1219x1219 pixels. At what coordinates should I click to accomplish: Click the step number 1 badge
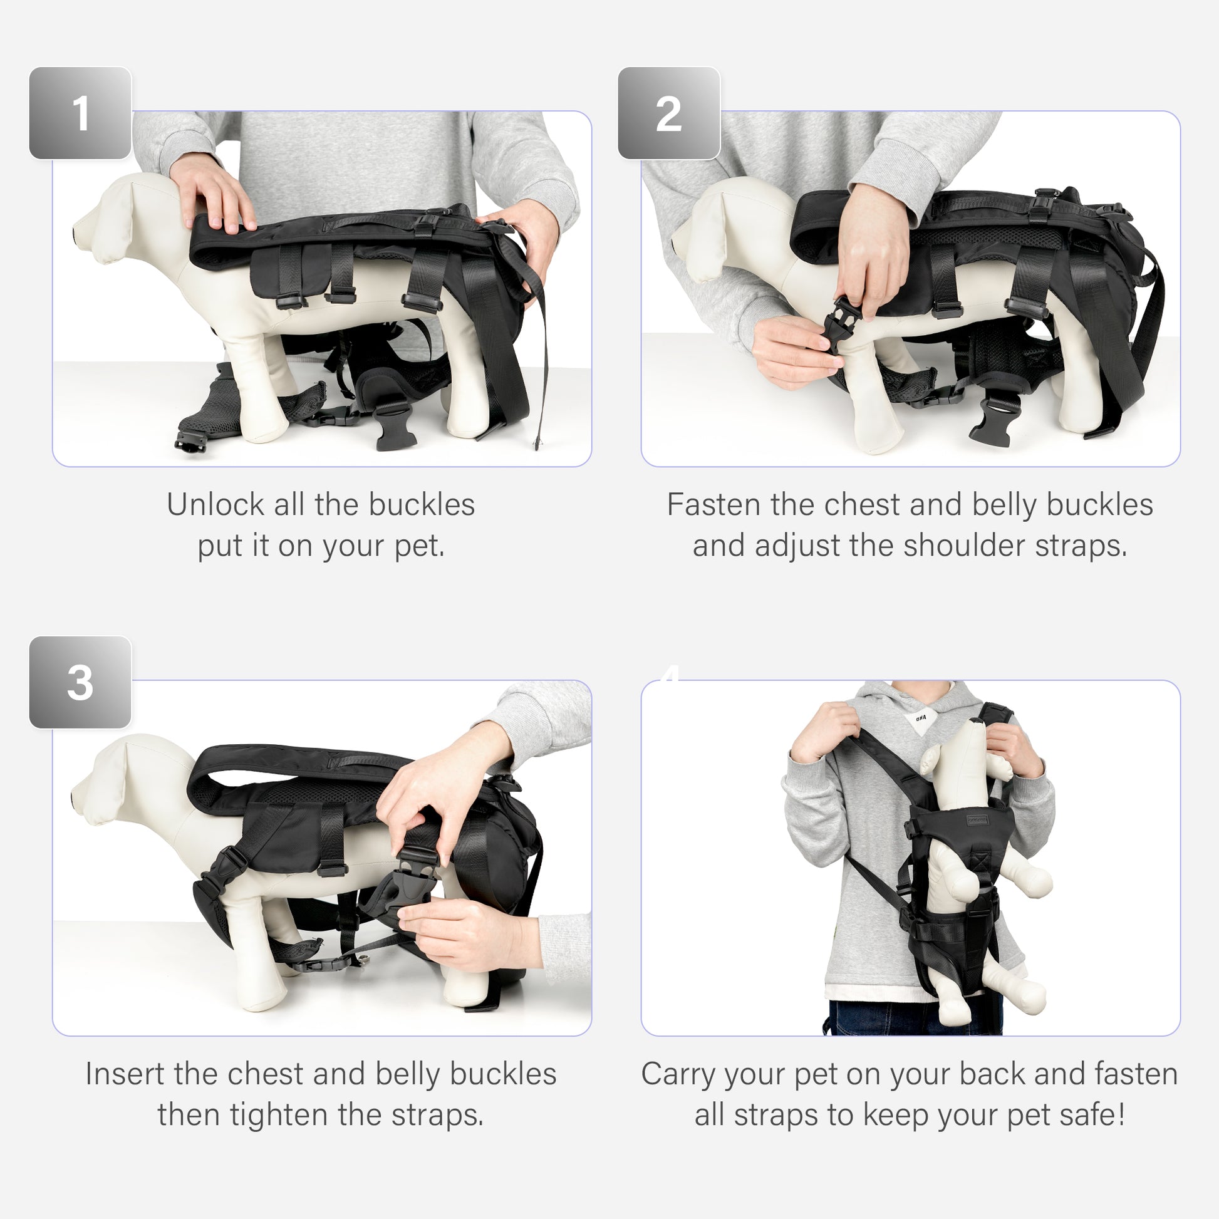(x=80, y=113)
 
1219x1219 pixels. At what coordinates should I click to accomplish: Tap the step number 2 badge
(x=669, y=113)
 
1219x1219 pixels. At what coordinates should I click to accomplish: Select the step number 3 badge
(x=80, y=683)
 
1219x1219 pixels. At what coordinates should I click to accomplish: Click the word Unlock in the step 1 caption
(x=214, y=505)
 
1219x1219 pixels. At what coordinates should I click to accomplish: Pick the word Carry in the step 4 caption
(x=678, y=1074)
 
